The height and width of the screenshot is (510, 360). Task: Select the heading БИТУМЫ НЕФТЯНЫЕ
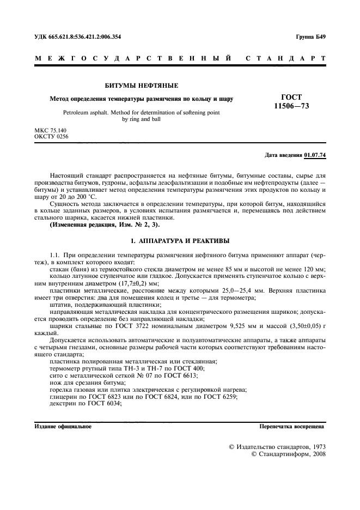141,86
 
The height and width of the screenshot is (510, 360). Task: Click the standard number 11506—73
291,106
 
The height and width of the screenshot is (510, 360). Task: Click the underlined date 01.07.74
315,155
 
